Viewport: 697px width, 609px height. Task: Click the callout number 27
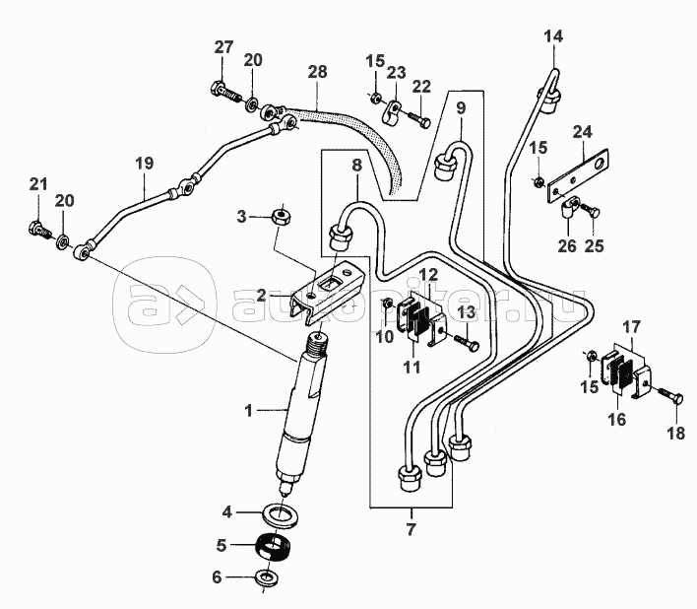pyautogui.click(x=224, y=46)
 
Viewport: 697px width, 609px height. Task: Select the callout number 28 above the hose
pyautogui.click(x=317, y=72)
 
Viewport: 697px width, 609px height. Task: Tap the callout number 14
pyautogui.click(x=554, y=36)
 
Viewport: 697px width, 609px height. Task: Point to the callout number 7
pyautogui.click(x=411, y=529)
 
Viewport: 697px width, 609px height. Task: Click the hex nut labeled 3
pyautogui.click(x=281, y=218)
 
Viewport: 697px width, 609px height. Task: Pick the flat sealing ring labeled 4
pyautogui.click(x=281, y=516)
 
